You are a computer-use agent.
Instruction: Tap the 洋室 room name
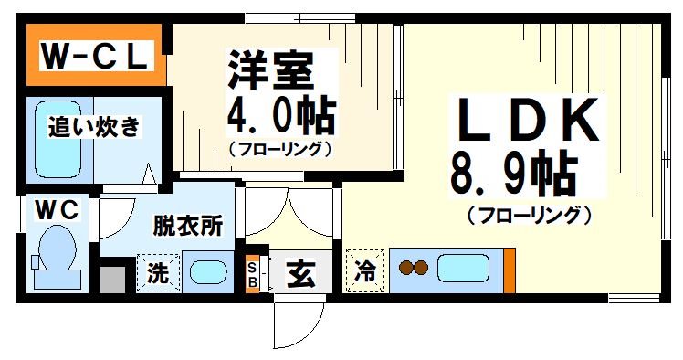(270, 69)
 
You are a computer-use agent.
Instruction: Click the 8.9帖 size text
(513, 173)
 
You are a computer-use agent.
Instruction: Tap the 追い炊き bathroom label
(95, 126)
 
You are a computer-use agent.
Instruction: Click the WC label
(57, 211)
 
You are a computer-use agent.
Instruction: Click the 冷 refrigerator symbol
(365, 271)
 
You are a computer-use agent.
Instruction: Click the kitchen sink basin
(465, 269)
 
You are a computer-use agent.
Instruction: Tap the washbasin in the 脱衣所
(210, 272)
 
